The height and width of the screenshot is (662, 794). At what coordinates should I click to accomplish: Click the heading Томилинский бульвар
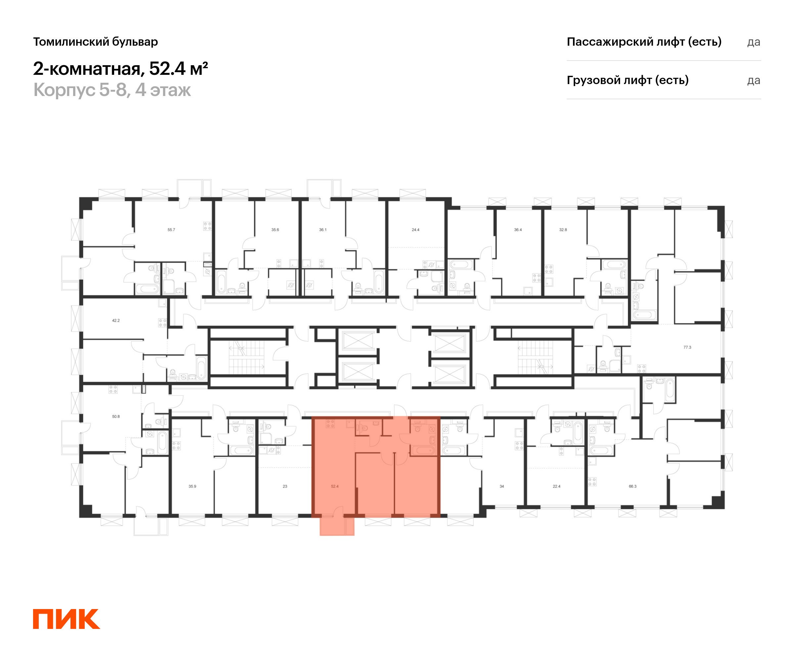[x=95, y=42]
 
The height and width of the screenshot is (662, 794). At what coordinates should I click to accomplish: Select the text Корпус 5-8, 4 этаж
[x=112, y=90]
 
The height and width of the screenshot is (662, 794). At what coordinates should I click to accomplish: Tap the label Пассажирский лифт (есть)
[x=644, y=42]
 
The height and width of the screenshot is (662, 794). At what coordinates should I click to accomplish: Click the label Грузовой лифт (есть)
[x=627, y=80]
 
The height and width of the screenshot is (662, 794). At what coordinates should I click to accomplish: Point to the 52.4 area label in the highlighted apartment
[x=334, y=487]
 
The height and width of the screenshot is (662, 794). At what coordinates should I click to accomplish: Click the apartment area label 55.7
[x=171, y=230]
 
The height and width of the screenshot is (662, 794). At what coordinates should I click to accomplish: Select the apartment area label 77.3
[x=687, y=347]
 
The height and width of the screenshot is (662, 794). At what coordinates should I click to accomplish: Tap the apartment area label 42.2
[x=116, y=320]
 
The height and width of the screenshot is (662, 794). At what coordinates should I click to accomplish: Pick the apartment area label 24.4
[x=416, y=230]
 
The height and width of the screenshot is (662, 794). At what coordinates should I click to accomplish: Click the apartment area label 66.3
[x=633, y=487]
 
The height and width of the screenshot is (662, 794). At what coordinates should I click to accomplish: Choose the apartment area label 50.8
[x=116, y=416]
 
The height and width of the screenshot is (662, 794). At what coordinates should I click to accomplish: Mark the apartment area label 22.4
[x=556, y=487]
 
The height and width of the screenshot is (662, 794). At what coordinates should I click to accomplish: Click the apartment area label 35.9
[x=193, y=487]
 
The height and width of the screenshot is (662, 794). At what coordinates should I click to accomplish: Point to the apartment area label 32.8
[x=563, y=230]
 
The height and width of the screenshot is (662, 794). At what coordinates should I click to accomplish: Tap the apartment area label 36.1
[x=323, y=230]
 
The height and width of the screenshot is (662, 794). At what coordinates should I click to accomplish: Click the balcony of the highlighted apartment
[x=333, y=526]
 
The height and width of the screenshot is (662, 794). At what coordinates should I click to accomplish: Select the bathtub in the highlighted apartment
[x=424, y=450]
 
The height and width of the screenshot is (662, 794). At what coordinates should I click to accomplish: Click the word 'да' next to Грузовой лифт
[x=754, y=80]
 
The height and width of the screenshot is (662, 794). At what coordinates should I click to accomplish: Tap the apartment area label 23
[x=285, y=487]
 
